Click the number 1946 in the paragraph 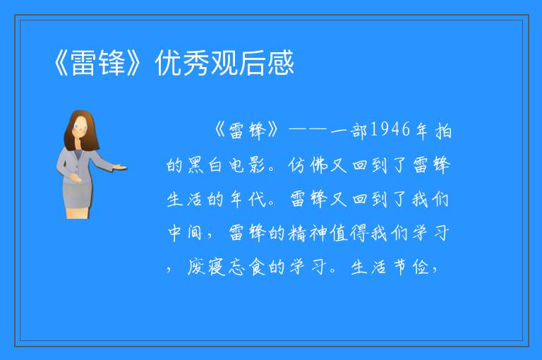(390, 129)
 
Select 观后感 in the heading (253, 63)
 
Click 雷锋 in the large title (98, 63)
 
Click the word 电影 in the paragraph (247, 165)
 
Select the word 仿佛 (308, 165)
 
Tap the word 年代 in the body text (248, 199)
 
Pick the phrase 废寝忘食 (226, 267)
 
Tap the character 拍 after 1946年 (443, 131)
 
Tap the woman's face (80, 127)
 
